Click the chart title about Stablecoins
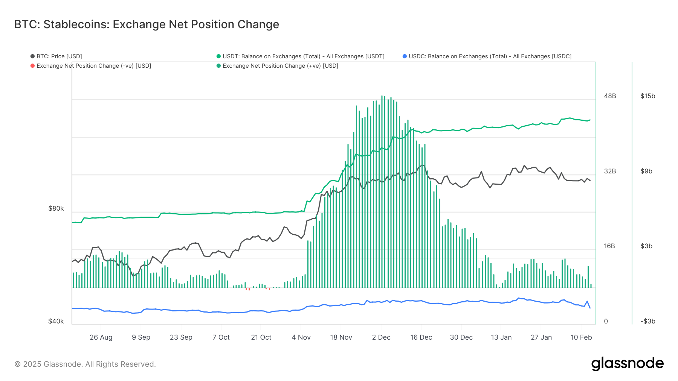pyautogui.click(x=147, y=24)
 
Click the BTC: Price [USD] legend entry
pyautogui.click(x=56, y=56)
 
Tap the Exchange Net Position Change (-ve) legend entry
pyautogui.click(x=91, y=66)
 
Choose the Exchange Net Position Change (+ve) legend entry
pyautogui.click(x=277, y=66)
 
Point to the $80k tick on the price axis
pyautogui.click(x=56, y=208)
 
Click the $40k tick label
pyautogui.click(x=56, y=321)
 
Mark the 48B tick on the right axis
pyautogui.click(x=610, y=96)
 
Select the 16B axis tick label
pyautogui.click(x=609, y=246)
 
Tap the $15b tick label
pyautogui.click(x=647, y=96)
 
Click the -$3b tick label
pyautogui.click(x=648, y=321)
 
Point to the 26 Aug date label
pyautogui.click(x=101, y=337)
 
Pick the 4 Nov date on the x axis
pyautogui.click(x=301, y=337)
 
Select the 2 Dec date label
pyautogui.click(x=381, y=337)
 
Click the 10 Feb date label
pyautogui.click(x=581, y=337)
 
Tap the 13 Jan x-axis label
pyautogui.click(x=501, y=337)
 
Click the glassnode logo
pyautogui.click(x=627, y=364)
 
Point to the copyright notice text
pyautogui.click(x=85, y=364)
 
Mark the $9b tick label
pyautogui.click(x=646, y=171)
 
